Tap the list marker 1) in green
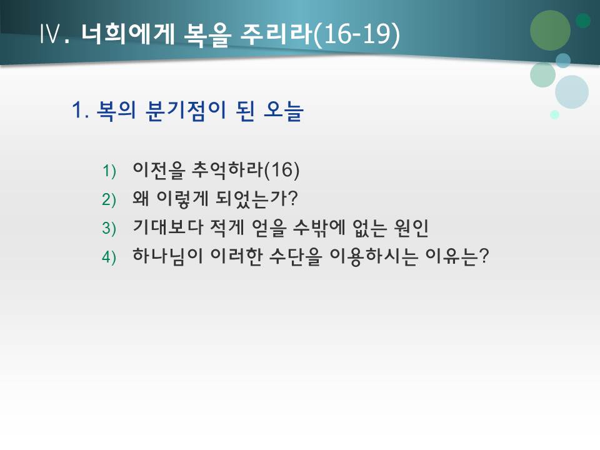coord(109,171)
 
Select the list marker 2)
coord(109,199)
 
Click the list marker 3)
coord(109,228)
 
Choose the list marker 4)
coord(109,257)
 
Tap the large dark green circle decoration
coord(550,30)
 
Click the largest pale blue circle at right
coord(571,92)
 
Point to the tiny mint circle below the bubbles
coord(554,114)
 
